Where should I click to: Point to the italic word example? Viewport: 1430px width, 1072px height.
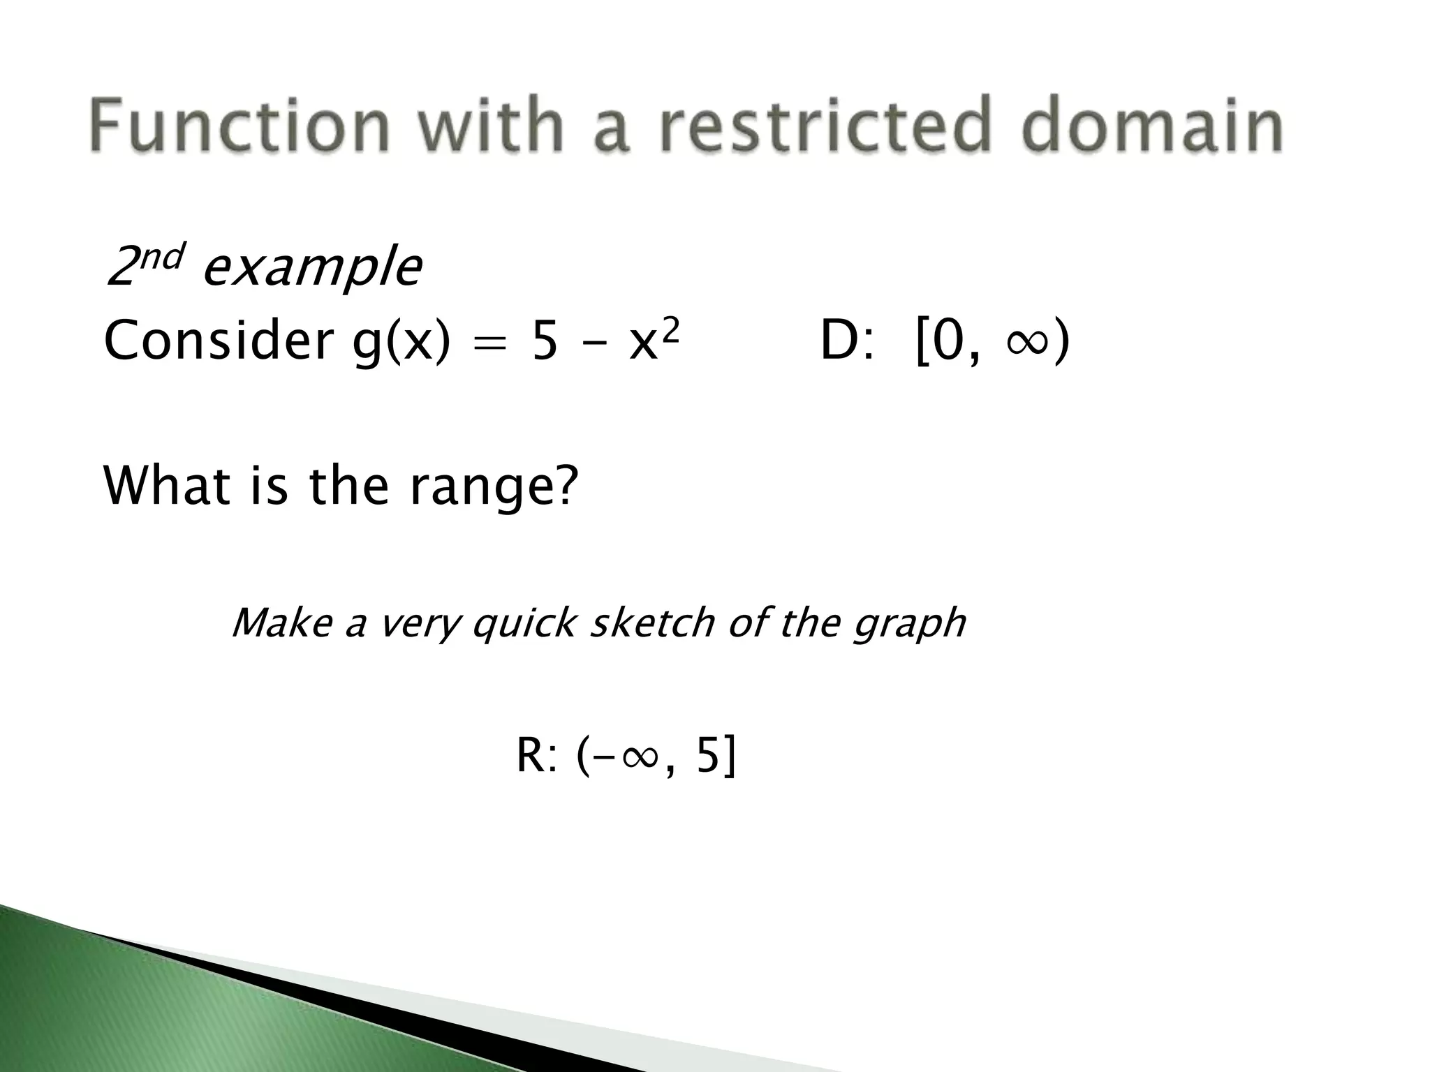(313, 269)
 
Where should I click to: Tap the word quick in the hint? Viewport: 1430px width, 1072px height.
(524, 623)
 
